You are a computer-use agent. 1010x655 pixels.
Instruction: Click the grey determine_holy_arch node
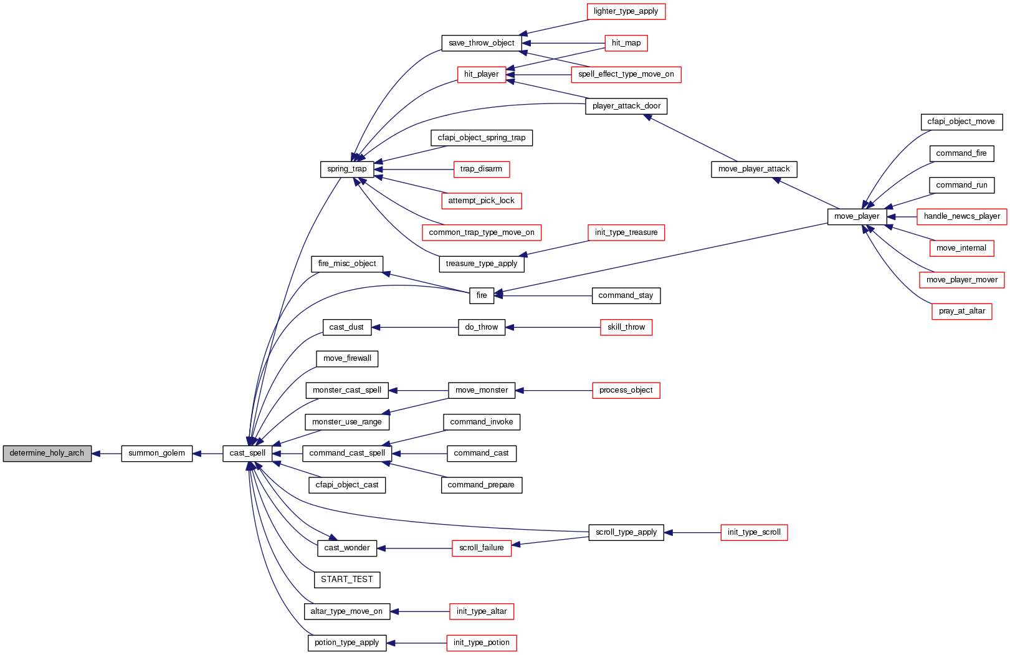[47, 453]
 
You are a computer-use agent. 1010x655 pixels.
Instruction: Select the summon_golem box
[156, 453]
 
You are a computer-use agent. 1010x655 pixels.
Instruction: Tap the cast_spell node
[247, 453]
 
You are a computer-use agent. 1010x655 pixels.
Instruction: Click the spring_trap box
[346, 169]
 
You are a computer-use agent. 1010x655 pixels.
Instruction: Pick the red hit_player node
[481, 74]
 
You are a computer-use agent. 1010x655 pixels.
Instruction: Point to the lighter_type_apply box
[626, 11]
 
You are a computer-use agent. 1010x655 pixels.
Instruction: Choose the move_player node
[857, 216]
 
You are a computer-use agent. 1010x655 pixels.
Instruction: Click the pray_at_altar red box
[961, 311]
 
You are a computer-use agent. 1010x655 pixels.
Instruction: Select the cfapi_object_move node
[961, 122]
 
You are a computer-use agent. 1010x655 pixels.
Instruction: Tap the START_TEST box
[346, 580]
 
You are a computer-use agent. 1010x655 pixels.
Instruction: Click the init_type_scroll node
[754, 532]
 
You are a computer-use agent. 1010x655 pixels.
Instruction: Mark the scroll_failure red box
[481, 548]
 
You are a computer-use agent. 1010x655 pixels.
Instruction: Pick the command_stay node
[626, 295]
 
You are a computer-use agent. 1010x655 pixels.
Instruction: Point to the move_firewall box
[347, 358]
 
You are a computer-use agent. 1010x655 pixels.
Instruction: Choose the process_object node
[626, 390]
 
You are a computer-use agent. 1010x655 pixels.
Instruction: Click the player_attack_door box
[626, 106]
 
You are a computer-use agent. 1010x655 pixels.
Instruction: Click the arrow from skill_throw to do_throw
[553, 327]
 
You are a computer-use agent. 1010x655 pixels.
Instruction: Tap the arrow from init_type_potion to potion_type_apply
[416, 643]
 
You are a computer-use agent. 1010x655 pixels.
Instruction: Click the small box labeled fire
[482, 295]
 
